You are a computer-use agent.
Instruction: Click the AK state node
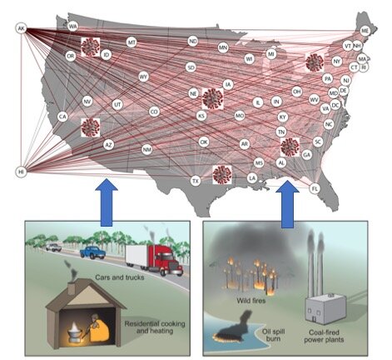[22, 28]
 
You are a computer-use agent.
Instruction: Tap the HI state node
[22, 172]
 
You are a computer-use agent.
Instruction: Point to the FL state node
[315, 189]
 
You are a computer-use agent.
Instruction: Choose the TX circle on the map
[196, 180]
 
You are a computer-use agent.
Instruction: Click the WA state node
[73, 27]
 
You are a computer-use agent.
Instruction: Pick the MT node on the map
[131, 42]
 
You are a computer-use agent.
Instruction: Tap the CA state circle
[62, 117]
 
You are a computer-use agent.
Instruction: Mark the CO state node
[154, 111]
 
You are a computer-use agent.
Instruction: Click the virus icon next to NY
[314, 62]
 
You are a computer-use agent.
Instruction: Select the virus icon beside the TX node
[221, 174]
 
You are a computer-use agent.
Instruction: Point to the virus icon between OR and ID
[90, 46]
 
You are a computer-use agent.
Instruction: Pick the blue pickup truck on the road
[92, 251]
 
